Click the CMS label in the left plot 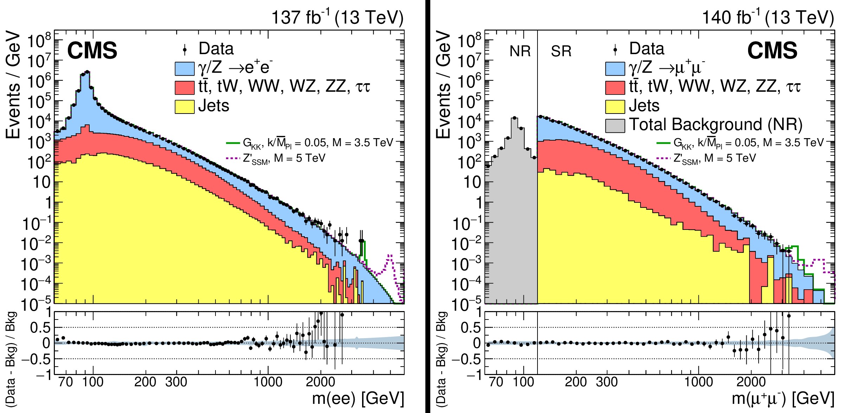(92, 51)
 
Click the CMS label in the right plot (772, 51)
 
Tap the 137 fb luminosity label (337, 17)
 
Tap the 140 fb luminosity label (768, 17)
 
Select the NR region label (520, 51)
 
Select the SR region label (561, 51)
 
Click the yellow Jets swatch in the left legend (185, 107)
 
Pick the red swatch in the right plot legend (615, 88)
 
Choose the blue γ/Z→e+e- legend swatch (185, 69)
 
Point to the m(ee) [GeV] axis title (358, 398)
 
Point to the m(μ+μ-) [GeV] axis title (783, 398)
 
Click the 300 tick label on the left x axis (176, 382)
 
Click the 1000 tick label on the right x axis (699, 382)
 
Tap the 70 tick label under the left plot (66, 382)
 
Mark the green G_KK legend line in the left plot (232, 143)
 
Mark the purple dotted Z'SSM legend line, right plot (663, 158)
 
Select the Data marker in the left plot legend (185, 50)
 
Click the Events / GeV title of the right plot (443, 84)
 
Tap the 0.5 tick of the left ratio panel (40, 328)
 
